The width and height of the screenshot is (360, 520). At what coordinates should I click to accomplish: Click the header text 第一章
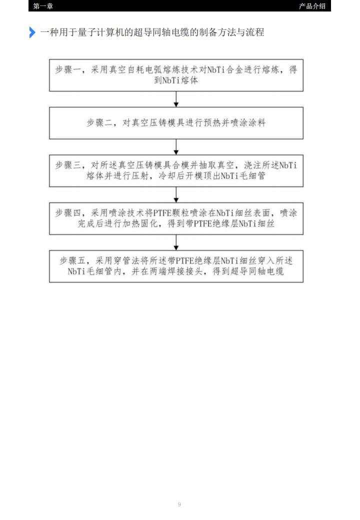pyautogui.click(x=43, y=6)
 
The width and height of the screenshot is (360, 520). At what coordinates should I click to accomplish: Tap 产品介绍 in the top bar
pyautogui.click(x=312, y=6)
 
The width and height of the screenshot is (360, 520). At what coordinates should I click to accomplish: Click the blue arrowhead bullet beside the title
pyautogui.click(x=32, y=32)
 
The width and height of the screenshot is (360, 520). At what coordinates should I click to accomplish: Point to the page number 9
pyautogui.click(x=179, y=504)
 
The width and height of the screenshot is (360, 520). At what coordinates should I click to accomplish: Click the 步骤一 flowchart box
pyautogui.click(x=176, y=75)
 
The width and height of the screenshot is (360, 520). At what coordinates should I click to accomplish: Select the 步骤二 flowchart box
pyautogui.click(x=176, y=123)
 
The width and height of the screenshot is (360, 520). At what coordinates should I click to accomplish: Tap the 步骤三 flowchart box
pyautogui.click(x=176, y=171)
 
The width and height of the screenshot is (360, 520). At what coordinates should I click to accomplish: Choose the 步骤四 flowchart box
pyautogui.click(x=176, y=218)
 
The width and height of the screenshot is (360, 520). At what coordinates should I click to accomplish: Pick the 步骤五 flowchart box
pyautogui.click(x=176, y=266)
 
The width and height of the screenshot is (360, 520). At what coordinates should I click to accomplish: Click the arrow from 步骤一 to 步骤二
pyautogui.click(x=176, y=99)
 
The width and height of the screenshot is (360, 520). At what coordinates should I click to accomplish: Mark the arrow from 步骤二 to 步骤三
pyautogui.click(x=176, y=147)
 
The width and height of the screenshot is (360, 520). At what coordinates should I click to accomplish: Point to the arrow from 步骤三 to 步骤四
pyautogui.click(x=176, y=194)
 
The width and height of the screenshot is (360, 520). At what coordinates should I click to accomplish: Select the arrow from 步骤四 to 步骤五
pyautogui.click(x=176, y=242)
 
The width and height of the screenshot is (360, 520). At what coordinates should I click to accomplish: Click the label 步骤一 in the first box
pyautogui.click(x=68, y=69)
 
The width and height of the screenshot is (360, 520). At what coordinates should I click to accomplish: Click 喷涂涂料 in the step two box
pyautogui.click(x=248, y=122)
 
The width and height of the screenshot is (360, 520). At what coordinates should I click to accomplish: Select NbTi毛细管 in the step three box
pyautogui.click(x=243, y=176)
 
